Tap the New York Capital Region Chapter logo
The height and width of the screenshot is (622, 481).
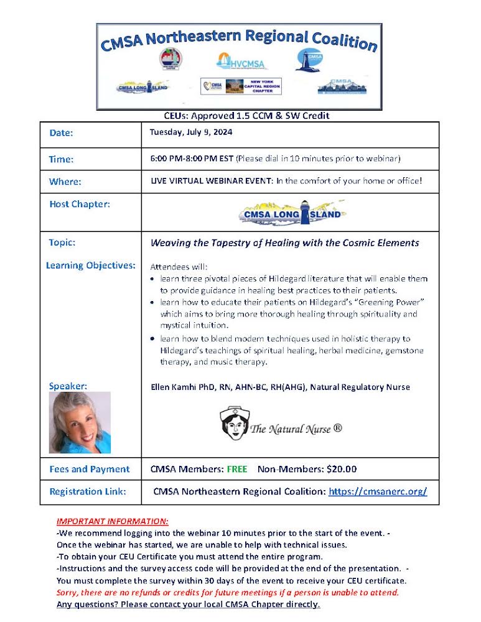click(241, 86)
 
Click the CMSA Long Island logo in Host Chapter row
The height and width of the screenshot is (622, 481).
click(291, 213)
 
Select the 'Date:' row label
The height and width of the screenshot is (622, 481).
click(61, 132)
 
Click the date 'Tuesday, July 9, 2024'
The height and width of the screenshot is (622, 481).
click(191, 132)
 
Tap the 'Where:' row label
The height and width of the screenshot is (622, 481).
click(65, 182)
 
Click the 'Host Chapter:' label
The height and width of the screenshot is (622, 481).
click(79, 204)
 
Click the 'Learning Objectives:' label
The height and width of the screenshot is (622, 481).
click(91, 265)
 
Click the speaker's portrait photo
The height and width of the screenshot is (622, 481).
click(80, 422)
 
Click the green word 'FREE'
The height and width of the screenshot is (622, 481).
click(236, 469)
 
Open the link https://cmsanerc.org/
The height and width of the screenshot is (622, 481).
click(377, 491)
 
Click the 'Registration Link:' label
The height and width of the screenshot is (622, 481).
click(87, 491)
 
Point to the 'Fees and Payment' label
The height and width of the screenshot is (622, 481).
click(90, 469)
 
